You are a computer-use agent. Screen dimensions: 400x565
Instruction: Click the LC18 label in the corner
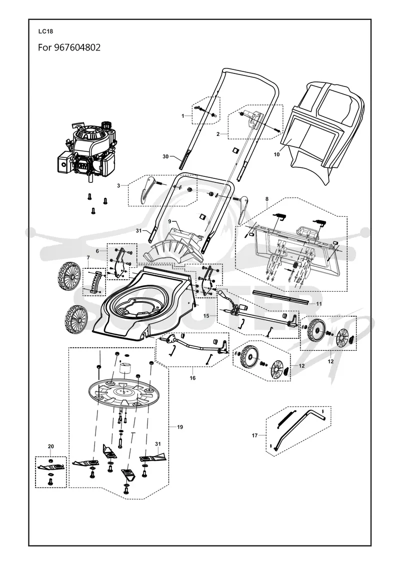(x=45, y=31)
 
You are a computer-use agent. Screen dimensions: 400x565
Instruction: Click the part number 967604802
(x=77, y=47)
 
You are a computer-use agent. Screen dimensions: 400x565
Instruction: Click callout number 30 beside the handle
(x=165, y=156)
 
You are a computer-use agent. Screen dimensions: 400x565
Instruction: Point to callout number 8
(x=266, y=199)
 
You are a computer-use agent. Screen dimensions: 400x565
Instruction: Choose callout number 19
(x=180, y=427)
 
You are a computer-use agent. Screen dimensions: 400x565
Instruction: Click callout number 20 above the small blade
(x=50, y=447)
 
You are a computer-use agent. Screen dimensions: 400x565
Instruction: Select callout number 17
(x=254, y=436)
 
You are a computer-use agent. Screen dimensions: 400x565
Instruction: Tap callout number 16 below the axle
(x=192, y=378)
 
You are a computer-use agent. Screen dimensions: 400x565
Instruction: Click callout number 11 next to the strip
(x=319, y=304)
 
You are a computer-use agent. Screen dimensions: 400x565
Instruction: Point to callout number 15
(x=206, y=316)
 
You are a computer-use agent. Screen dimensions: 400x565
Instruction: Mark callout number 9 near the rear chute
(x=169, y=221)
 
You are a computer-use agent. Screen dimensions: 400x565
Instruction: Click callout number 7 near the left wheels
(x=88, y=257)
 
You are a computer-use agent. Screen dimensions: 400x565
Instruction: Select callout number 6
(x=97, y=251)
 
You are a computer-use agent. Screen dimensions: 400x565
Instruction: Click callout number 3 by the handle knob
(x=118, y=185)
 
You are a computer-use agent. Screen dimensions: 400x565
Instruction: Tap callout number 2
(x=218, y=134)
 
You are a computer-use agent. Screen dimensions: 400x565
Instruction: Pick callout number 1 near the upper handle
(x=182, y=116)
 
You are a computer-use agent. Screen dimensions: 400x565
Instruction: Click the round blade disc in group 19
(x=123, y=392)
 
